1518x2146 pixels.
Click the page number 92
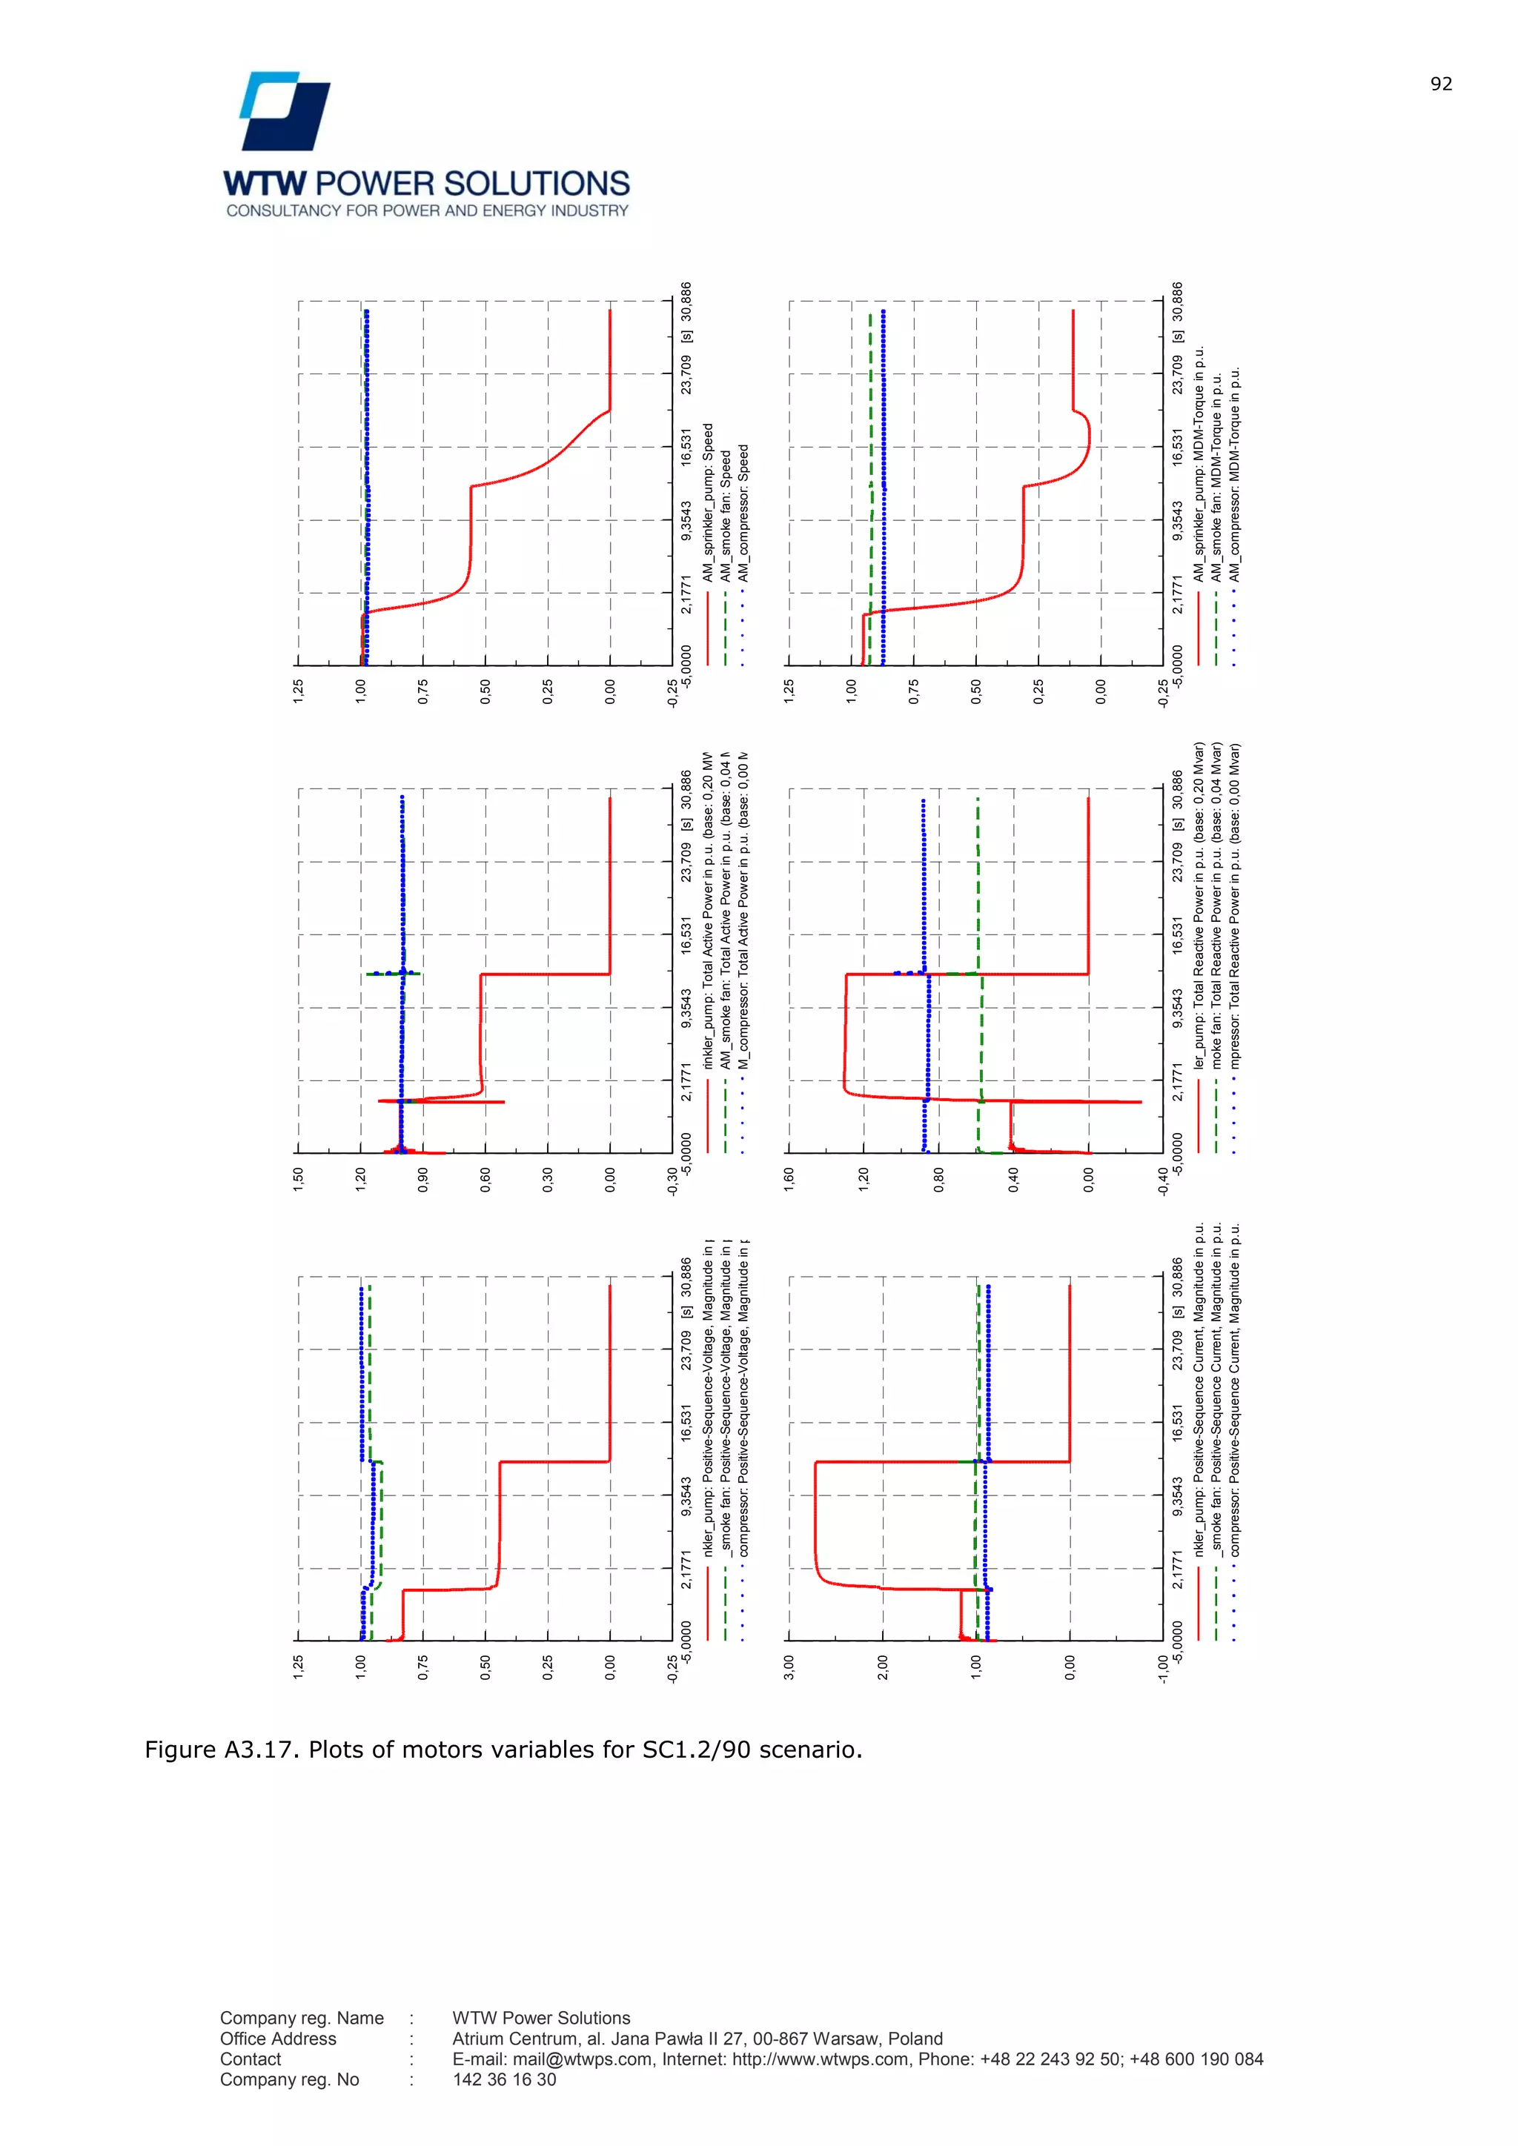click(1440, 84)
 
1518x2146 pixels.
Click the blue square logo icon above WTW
click(285, 111)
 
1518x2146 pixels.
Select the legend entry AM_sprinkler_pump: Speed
click(709, 504)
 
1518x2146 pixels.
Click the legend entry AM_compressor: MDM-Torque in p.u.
click(1235, 475)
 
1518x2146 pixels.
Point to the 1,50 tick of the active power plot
click(298, 1179)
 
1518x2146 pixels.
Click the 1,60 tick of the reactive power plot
click(789, 1179)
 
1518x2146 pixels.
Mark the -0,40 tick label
click(1163, 1181)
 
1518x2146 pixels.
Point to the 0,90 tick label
click(423, 1179)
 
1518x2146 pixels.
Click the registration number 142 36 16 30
click(504, 2079)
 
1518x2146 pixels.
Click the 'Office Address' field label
click(278, 2039)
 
